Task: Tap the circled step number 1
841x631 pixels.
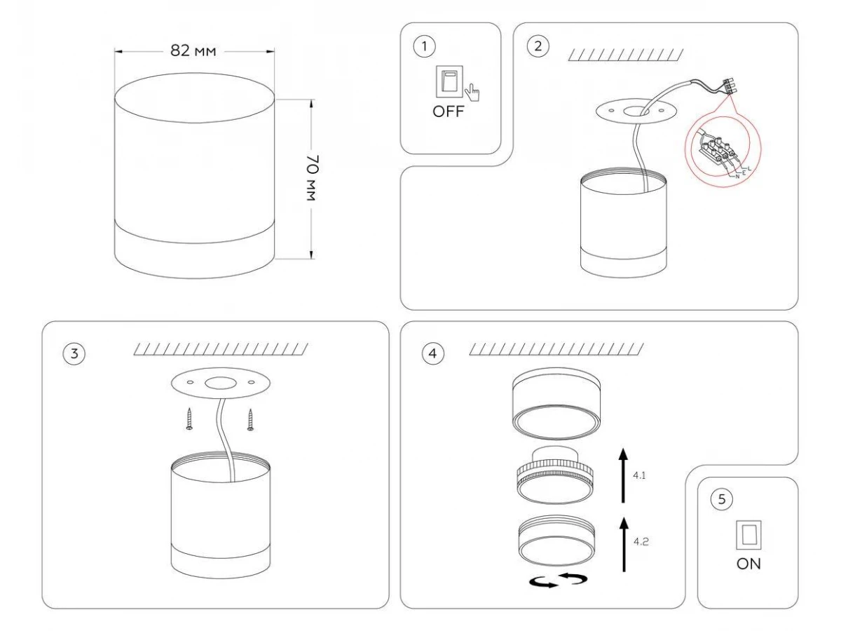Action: tap(423, 46)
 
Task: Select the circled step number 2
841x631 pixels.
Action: tap(538, 46)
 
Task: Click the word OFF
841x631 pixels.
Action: tap(448, 113)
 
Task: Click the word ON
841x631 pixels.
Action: tap(747, 564)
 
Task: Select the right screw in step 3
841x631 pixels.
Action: tap(250, 420)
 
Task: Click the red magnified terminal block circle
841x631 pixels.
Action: tap(722, 150)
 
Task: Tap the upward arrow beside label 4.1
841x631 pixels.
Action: tap(622, 477)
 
